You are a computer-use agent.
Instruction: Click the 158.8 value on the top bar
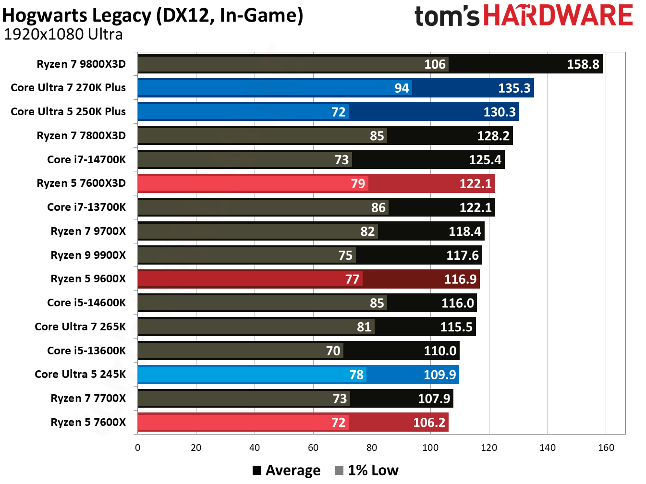583,64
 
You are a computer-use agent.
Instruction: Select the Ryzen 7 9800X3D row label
81,64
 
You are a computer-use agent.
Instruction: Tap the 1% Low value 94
402,88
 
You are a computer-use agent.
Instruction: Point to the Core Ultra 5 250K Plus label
68,112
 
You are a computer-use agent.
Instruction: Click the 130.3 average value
499,112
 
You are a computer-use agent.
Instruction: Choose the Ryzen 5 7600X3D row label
81,183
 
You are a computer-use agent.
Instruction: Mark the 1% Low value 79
358,184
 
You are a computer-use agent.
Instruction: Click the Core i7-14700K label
86,159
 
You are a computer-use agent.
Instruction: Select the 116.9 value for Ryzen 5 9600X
460,279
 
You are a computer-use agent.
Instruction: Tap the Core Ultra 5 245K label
80,375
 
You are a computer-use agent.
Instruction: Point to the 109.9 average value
439,375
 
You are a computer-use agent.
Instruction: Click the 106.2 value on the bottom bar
429,423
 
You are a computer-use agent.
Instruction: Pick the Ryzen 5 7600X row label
88,423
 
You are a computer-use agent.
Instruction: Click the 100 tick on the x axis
430,448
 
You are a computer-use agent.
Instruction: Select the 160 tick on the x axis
606,448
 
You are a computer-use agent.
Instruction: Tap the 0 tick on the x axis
138,448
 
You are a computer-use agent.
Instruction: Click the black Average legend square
257,471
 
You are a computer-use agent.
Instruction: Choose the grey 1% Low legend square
339,471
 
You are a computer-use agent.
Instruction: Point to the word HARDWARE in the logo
558,16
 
